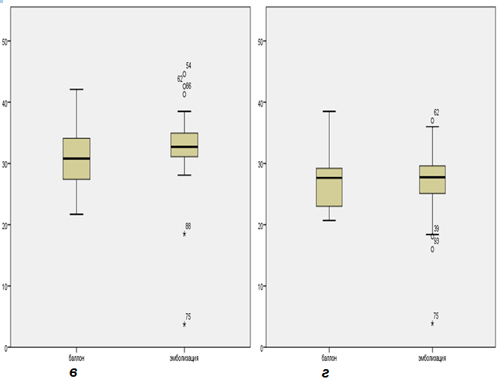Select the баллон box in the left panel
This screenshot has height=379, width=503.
click(76, 159)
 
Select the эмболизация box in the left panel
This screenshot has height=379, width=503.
click(185, 144)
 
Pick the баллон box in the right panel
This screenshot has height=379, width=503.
click(330, 187)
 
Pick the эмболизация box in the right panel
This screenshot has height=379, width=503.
click(433, 179)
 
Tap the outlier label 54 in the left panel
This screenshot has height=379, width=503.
click(188, 66)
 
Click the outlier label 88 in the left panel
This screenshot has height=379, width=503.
click(188, 226)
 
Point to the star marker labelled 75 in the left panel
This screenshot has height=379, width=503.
click(184, 324)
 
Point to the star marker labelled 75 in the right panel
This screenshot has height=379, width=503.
click(433, 323)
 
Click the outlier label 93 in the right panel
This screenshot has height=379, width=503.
click(436, 242)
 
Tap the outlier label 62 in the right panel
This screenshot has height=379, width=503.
click(436, 112)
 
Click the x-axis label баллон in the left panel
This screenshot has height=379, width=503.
click(76, 357)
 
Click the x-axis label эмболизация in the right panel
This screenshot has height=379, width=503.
click(433, 357)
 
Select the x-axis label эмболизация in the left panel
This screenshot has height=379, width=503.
click(185, 357)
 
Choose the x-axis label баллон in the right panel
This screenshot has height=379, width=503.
click(330, 357)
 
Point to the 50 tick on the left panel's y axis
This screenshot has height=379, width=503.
click(6, 41)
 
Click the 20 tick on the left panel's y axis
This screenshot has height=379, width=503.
click(6, 225)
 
